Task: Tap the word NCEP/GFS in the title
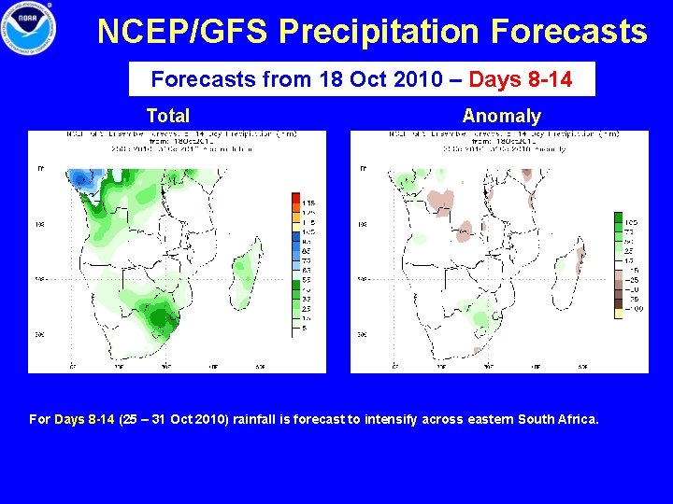click(x=183, y=32)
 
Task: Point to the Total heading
click(x=168, y=116)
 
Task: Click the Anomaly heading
click(x=501, y=116)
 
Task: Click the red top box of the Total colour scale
click(x=296, y=201)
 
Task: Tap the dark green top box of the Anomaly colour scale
click(x=618, y=218)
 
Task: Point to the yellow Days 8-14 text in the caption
click(x=84, y=419)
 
